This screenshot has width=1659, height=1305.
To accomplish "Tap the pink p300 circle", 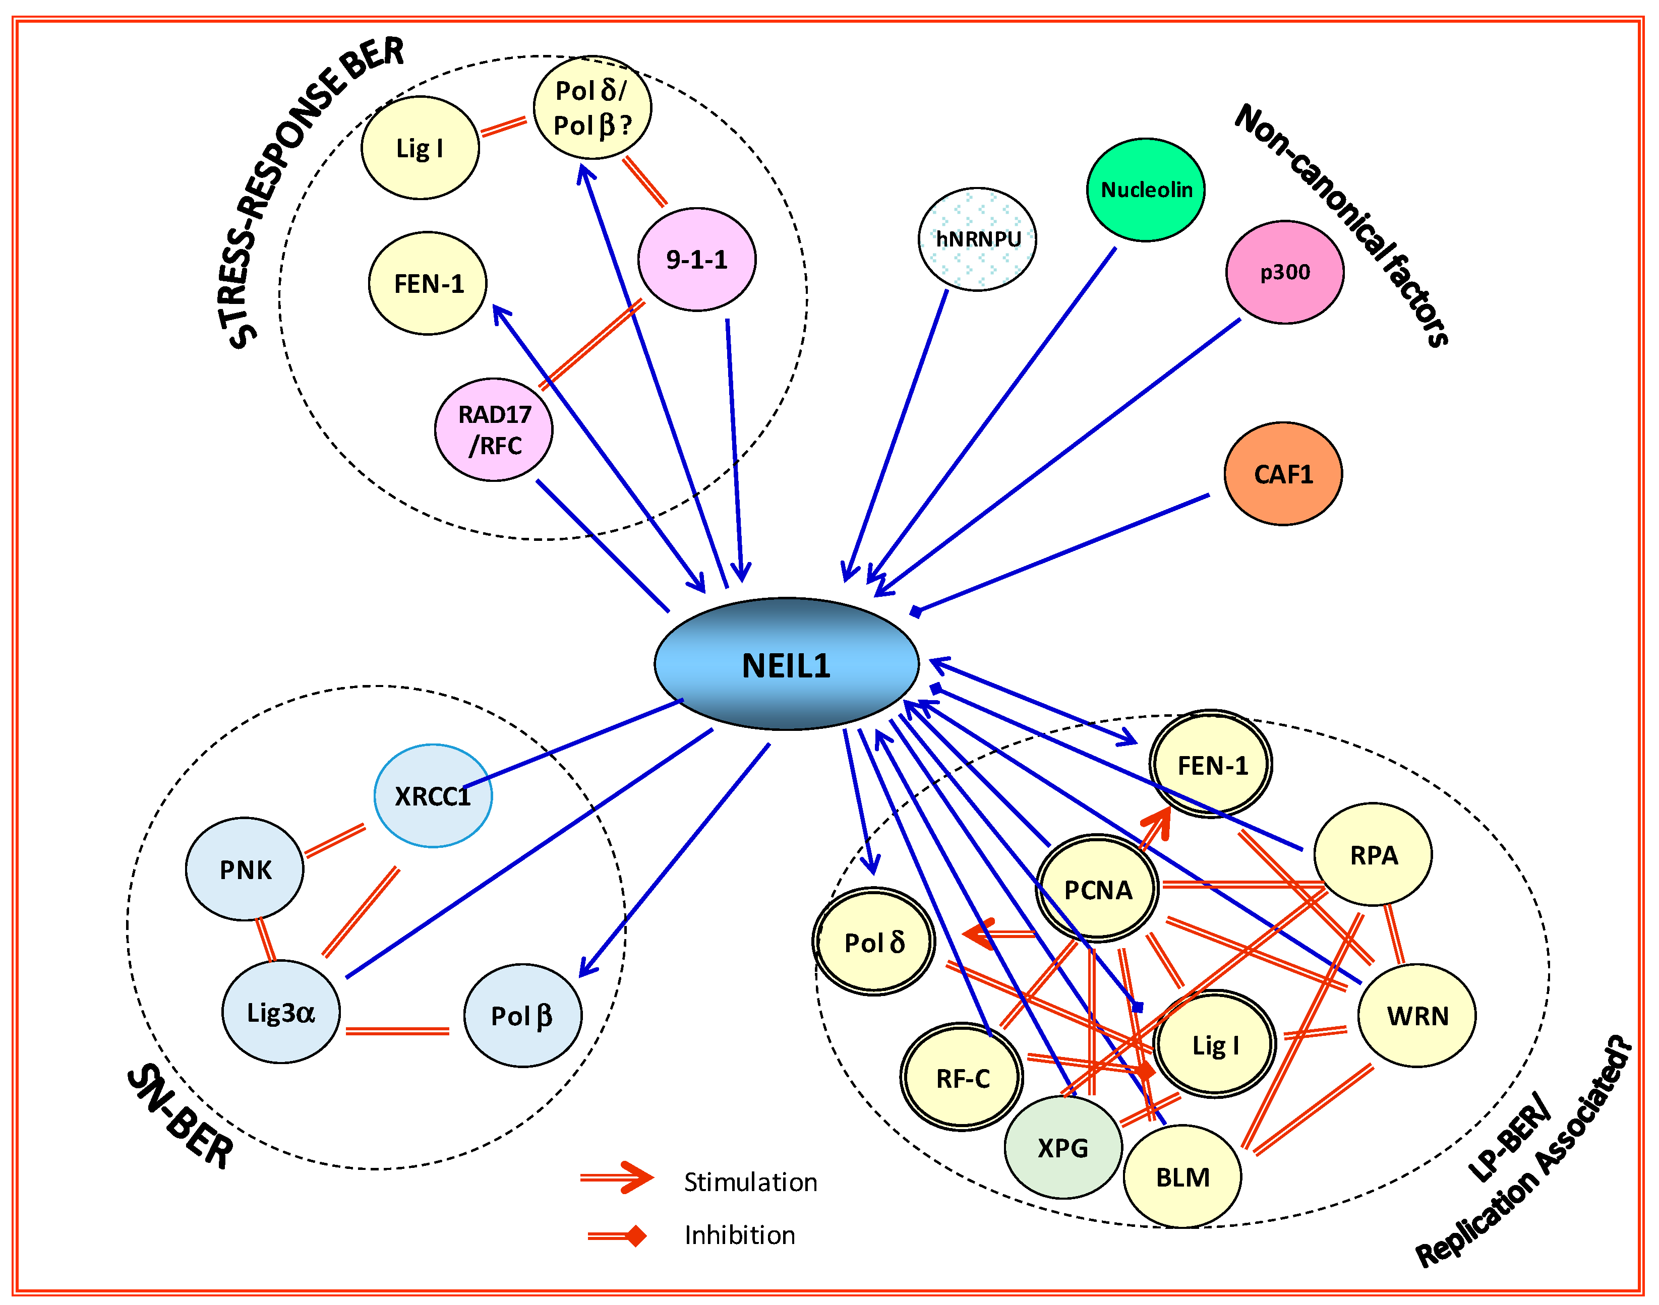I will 1284,272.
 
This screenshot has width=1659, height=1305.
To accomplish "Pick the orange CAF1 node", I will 1282,474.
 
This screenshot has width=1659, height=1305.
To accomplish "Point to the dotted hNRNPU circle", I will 977,239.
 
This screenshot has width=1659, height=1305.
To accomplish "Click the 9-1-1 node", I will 696,259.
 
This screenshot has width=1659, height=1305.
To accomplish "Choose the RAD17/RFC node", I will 494,429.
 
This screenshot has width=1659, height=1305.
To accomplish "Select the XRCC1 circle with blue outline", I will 433,795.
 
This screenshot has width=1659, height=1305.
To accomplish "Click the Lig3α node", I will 280,1012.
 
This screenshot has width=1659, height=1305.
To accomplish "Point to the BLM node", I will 1181,1176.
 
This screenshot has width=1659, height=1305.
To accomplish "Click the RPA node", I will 1373,854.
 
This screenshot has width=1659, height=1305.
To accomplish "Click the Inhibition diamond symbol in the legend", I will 634,1235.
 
